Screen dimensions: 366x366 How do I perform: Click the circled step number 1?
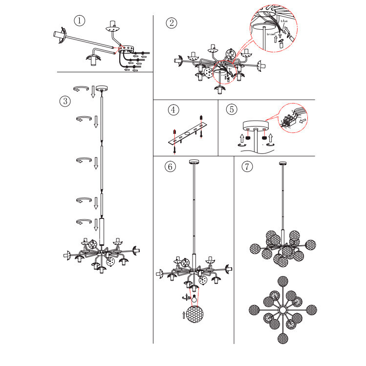point(79,21)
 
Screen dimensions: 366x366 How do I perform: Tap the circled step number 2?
point(171,22)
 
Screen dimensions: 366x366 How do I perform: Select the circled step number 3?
point(65,101)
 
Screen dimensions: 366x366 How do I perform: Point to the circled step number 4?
point(172,109)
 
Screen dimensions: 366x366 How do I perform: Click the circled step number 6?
point(170,167)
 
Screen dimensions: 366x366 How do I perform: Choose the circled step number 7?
point(247,166)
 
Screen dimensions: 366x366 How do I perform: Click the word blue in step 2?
point(284,22)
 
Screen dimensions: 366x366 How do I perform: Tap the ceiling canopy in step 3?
point(102,88)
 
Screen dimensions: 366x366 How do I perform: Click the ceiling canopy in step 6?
point(194,162)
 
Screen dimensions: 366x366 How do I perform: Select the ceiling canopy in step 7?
point(282,163)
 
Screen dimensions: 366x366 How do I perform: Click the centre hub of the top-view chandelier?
point(282,310)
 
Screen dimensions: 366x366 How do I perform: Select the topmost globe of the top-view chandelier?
point(282,282)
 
